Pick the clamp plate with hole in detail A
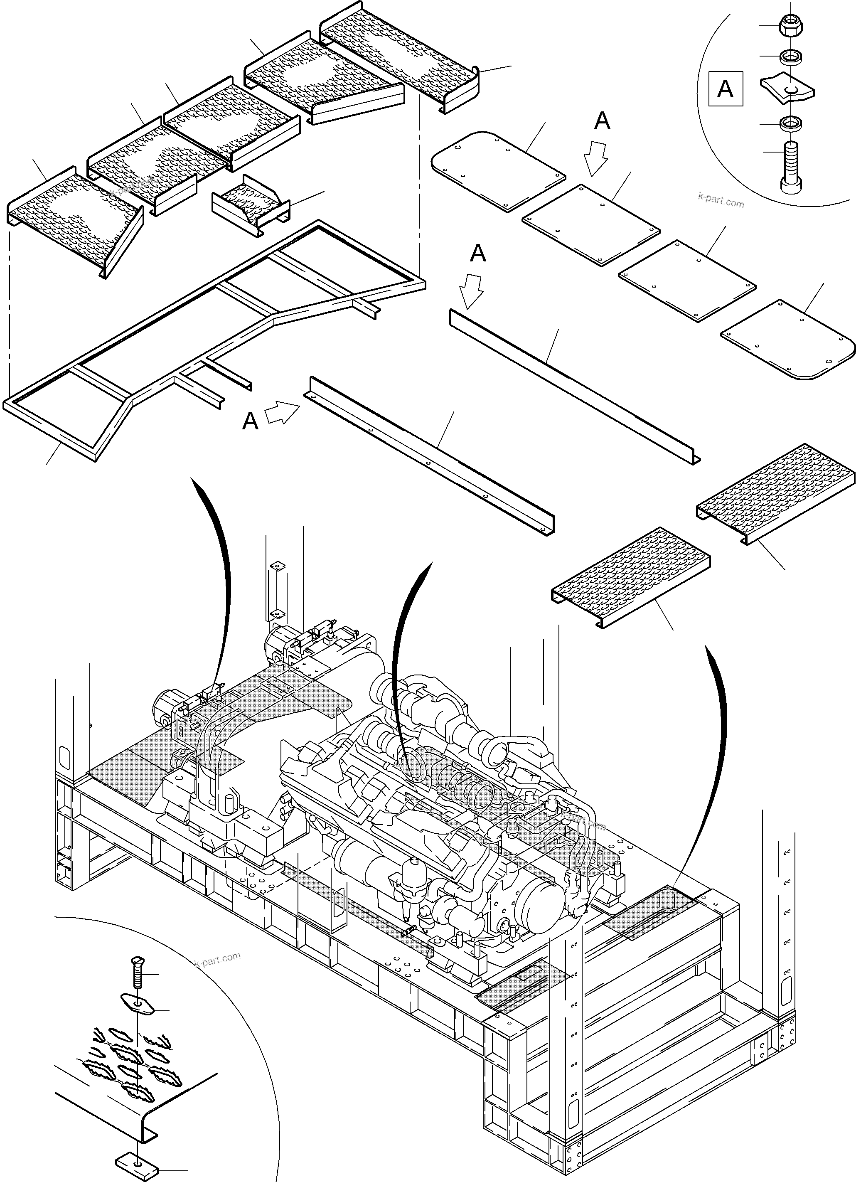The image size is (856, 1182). [787, 88]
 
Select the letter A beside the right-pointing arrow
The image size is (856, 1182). [251, 420]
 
